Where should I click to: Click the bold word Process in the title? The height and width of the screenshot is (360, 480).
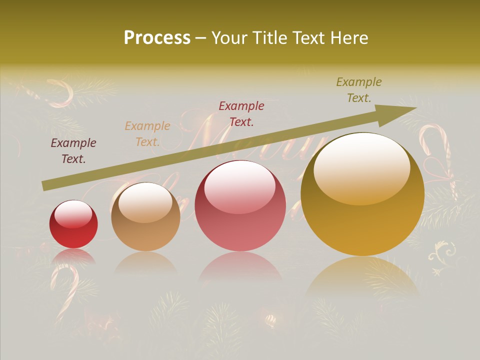pos(157,38)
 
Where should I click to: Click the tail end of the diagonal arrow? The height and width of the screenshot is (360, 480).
pos(45,185)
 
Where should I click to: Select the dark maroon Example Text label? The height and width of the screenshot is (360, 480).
pos(73,151)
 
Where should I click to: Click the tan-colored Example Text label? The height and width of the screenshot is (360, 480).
pos(147,133)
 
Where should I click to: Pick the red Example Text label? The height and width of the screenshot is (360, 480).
pos(241,113)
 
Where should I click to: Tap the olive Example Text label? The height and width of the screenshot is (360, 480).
pos(359,90)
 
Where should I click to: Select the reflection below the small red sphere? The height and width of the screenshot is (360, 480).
pos(73,256)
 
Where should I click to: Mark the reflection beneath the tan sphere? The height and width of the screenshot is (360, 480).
pos(145,261)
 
